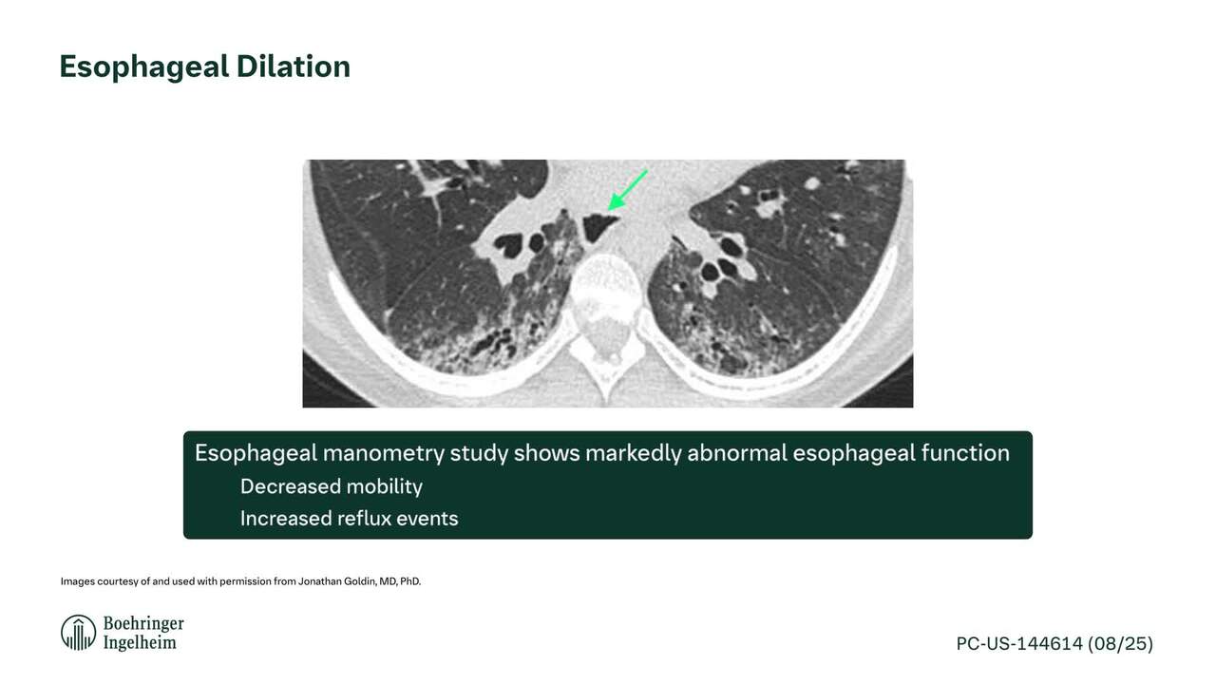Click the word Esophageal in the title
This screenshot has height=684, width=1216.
pos(143,67)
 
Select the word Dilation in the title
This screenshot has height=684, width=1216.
pos(294,66)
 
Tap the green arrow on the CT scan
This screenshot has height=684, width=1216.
pos(628,190)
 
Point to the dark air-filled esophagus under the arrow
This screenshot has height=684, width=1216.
pos(598,227)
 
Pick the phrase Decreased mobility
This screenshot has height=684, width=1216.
pos(332,486)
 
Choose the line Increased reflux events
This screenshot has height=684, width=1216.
pos(349,519)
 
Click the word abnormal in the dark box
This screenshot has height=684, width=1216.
pos(736,453)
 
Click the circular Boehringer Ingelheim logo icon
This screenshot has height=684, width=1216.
pos(78,633)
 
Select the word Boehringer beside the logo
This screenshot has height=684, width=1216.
pos(143,623)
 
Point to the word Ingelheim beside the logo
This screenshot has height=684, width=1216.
pos(140,643)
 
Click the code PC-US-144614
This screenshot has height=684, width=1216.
pos(1019,644)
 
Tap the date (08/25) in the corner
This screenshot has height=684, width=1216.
pos(1120,644)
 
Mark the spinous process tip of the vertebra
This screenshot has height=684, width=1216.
pos(607,401)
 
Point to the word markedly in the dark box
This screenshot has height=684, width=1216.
pos(633,454)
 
